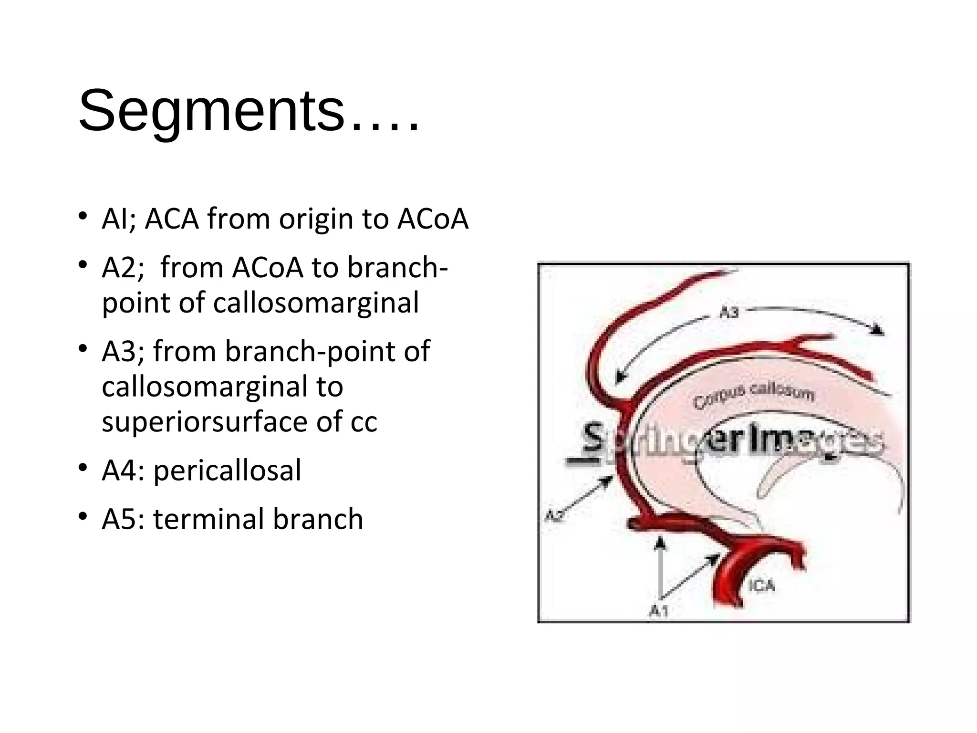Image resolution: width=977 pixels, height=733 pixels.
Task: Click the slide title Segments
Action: [248, 111]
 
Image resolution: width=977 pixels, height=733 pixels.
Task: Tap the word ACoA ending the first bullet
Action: [433, 219]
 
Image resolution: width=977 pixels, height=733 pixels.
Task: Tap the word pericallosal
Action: [227, 470]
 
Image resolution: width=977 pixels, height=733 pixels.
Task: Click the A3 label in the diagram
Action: [728, 313]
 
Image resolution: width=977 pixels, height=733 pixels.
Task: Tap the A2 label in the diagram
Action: [554, 516]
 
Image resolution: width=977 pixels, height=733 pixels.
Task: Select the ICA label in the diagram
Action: [761, 585]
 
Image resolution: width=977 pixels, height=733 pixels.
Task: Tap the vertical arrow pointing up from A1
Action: [660, 568]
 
